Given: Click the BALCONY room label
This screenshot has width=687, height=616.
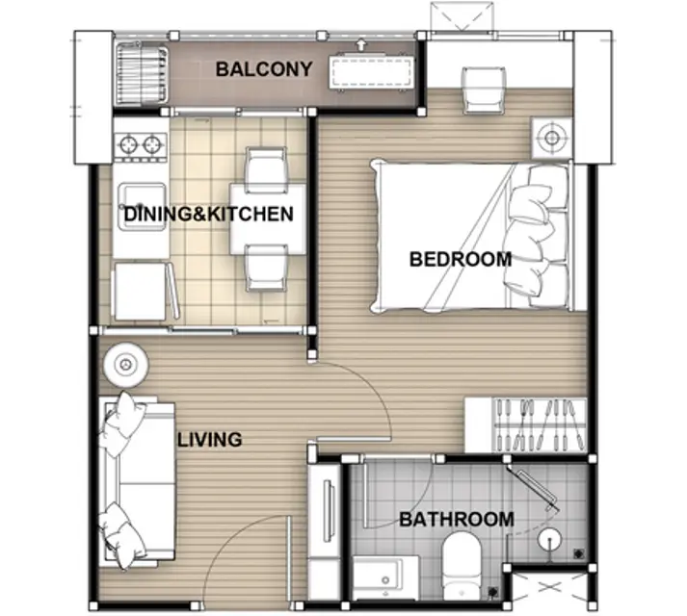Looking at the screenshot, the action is click(x=264, y=69).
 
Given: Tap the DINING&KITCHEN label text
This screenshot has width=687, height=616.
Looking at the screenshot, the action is click(x=208, y=214).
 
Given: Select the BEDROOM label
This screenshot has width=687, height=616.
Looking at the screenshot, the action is click(x=461, y=259).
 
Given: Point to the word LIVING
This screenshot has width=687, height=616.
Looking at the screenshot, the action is click(x=209, y=440).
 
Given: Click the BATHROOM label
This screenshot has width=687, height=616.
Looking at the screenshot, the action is click(x=457, y=519).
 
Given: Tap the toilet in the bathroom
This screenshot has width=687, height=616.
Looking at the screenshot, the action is click(x=462, y=565).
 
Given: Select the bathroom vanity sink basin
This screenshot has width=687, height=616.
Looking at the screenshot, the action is click(x=385, y=577).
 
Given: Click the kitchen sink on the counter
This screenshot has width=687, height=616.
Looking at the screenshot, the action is click(x=142, y=207).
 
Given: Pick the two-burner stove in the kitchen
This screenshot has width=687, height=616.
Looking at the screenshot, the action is click(x=141, y=144).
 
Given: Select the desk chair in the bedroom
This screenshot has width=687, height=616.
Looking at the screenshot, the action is click(x=484, y=90).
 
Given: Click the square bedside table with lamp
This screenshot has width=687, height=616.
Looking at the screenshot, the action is click(x=551, y=138).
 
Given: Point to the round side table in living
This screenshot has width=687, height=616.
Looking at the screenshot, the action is click(x=126, y=365).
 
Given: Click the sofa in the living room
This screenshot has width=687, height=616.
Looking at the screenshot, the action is click(x=136, y=480).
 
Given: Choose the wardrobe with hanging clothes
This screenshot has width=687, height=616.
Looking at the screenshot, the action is click(x=526, y=425).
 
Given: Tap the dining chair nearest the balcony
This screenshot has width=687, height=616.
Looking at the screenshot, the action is click(x=266, y=169).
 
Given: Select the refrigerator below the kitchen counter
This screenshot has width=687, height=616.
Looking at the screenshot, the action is click(x=141, y=291).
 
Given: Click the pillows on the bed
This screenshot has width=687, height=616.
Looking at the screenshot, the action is click(x=537, y=237).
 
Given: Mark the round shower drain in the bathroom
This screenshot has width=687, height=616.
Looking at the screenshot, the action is click(x=549, y=539).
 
